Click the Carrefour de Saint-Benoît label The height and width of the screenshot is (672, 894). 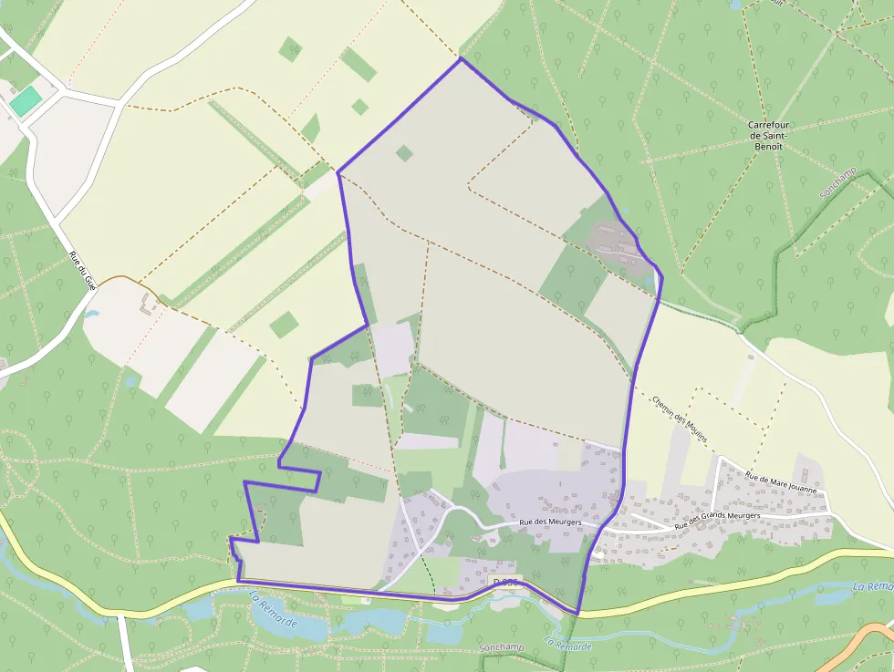(x=767, y=136)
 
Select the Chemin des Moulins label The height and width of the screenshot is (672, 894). (x=681, y=419)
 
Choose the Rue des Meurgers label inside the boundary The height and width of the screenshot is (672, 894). (x=550, y=522)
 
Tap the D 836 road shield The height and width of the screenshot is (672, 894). (x=504, y=582)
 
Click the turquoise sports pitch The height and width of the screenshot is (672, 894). (x=26, y=100)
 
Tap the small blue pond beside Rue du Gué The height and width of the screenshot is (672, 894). (x=90, y=314)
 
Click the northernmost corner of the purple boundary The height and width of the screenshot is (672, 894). (x=461, y=59)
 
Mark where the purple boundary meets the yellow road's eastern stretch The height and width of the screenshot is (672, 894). (x=577, y=614)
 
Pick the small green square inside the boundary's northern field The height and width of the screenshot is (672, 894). (x=404, y=153)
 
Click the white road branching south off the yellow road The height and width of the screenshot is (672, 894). (x=125, y=644)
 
